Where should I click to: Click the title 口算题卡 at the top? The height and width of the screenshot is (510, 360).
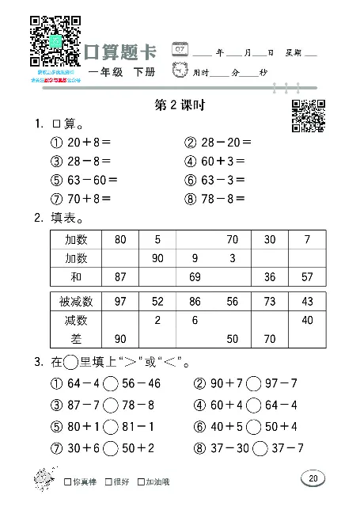[x=121, y=51]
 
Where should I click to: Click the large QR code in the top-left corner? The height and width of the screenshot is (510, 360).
[x=55, y=40]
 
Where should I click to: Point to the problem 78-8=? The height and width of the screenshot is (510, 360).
[x=218, y=198]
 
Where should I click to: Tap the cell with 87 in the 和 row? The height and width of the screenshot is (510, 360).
[x=120, y=277]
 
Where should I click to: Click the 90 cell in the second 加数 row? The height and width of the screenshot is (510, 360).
[x=157, y=258]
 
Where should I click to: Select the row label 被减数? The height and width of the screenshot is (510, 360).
[x=76, y=302]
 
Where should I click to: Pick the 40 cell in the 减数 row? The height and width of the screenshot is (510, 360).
[x=306, y=320]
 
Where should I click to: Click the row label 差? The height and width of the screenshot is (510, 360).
[x=76, y=339]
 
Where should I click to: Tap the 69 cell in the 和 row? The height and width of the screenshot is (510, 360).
[x=194, y=277]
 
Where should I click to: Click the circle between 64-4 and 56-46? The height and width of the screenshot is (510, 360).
[x=111, y=384]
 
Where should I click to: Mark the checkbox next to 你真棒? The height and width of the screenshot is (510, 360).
[x=66, y=481]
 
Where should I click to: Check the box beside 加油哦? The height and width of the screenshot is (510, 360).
[x=139, y=481]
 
